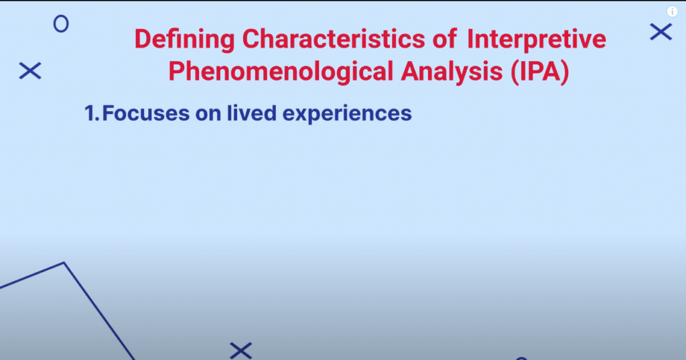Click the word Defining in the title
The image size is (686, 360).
pyautogui.click(x=184, y=40)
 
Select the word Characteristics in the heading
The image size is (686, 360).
pyautogui.click(x=334, y=38)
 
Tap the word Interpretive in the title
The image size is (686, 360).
pyautogui.click(x=537, y=40)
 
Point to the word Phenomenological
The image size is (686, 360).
pyautogui.click(x=281, y=72)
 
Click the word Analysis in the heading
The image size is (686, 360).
pyautogui.click(x=452, y=72)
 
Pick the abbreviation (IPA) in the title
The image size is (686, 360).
pyautogui.click(x=540, y=72)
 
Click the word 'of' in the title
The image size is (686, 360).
pyautogui.click(x=445, y=38)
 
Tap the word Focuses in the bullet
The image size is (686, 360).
pyautogui.click(x=145, y=113)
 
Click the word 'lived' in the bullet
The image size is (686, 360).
pyautogui.click(x=252, y=113)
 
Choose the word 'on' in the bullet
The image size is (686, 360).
pyautogui.click(x=208, y=115)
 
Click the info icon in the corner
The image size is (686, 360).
pyautogui.click(x=672, y=11)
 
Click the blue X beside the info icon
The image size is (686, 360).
pyautogui.click(x=661, y=32)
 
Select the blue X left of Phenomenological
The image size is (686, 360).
pyautogui.click(x=30, y=70)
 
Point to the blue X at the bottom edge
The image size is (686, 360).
pyautogui.click(x=241, y=351)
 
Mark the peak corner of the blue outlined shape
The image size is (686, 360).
pyautogui.click(x=64, y=263)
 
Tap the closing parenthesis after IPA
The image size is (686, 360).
pyautogui.click(x=565, y=72)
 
